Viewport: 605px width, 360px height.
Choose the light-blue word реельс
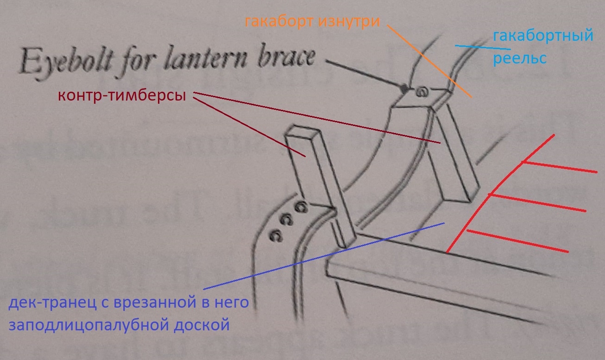(519, 59)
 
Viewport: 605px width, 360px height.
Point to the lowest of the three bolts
(276, 236)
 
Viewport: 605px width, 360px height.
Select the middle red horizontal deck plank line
(537, 203)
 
